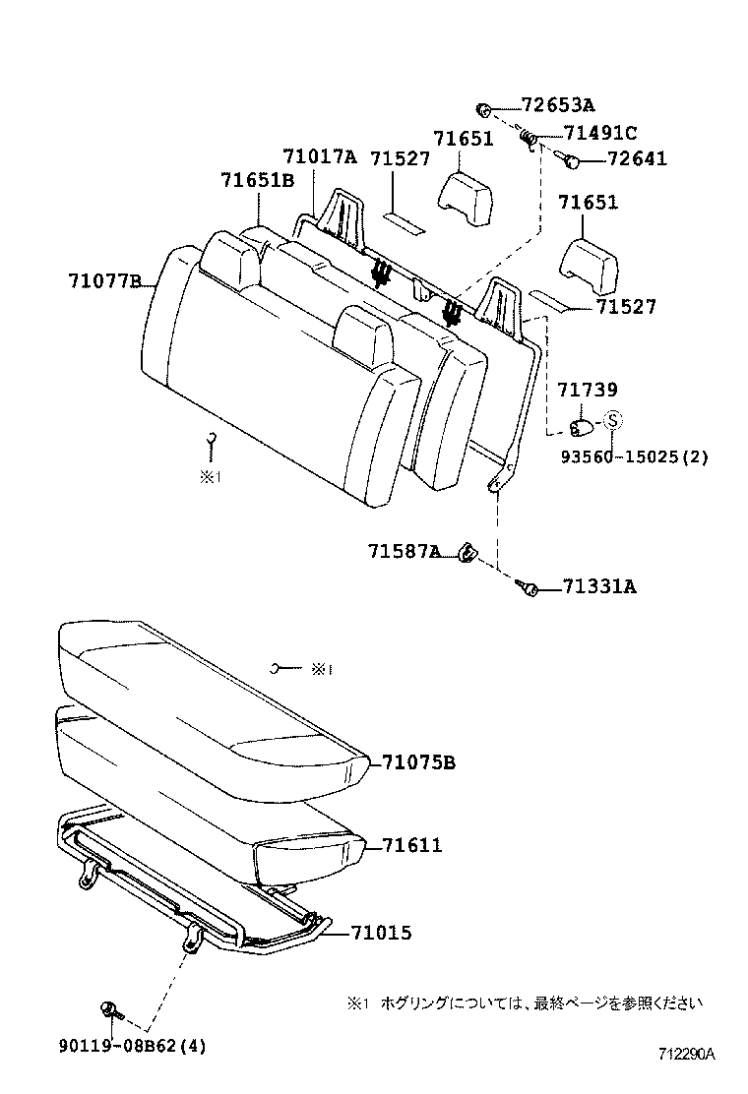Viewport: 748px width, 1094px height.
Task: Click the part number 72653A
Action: [557, 105]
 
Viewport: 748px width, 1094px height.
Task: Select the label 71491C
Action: [599, 133]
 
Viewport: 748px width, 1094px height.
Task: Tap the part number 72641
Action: [622, 158]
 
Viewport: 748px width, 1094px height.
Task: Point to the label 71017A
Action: [318, 156]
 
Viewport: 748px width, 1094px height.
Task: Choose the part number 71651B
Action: [257, 180]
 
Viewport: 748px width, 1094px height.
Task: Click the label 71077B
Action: [104, 281]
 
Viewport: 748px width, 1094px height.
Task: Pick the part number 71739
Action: [587, 393]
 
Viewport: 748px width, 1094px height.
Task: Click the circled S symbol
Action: [611, 420]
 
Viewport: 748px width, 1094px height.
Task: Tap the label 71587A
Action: [404, 552]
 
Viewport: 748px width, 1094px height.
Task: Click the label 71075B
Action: [418, 762]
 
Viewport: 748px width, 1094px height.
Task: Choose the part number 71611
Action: [411, 845]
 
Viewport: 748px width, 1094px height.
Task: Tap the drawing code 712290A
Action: [686, 1054]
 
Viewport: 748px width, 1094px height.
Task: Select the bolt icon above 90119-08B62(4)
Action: [109, 1007]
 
